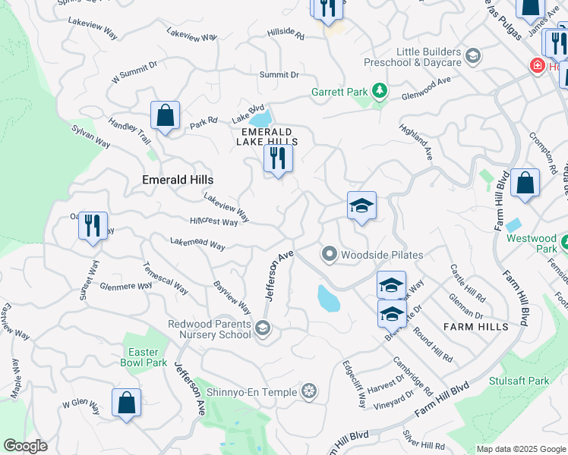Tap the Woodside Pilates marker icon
click(329, 254)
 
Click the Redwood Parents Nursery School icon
click(262, 328)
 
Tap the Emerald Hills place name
click(178, 180)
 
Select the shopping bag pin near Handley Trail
click(165, 116)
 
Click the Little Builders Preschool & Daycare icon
click(473, 55)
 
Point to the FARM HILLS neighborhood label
click(477, 327)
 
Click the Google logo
click(25, 446)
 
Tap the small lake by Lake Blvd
click(260, 120)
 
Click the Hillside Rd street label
click(286, 35)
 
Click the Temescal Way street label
click(166, 278)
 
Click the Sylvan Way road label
click(92, 138)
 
